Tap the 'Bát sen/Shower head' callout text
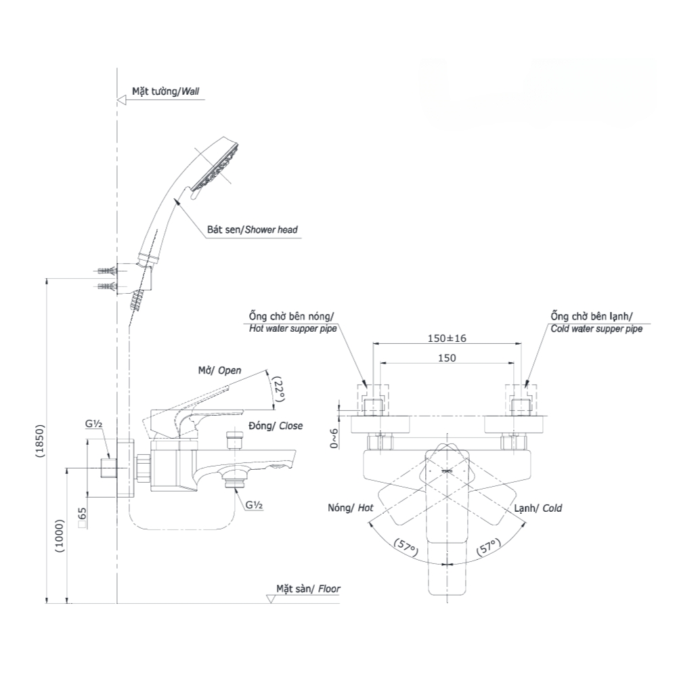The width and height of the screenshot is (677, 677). click(252, 230)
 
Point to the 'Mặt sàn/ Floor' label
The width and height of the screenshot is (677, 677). click(308, 589)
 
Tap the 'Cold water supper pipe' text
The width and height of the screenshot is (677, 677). click(596, 328)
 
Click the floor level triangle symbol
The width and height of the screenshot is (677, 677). click(269, 598)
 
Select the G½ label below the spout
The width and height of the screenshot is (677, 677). click(254, 505)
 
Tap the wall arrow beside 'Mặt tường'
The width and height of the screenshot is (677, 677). click(122, 100)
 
